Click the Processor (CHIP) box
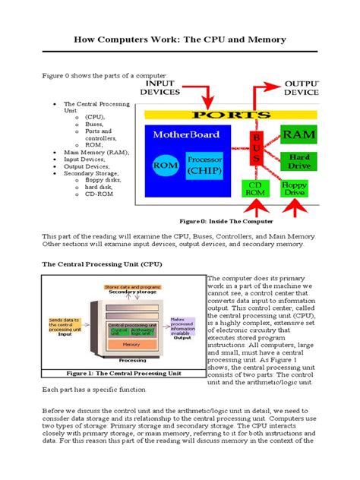[x=205, y=165]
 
